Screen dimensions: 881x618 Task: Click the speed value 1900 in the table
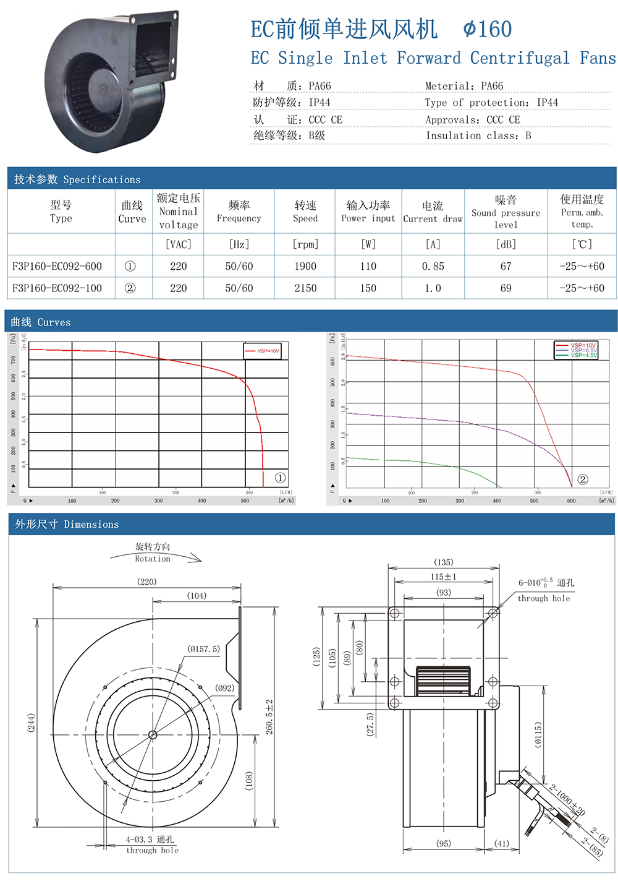(x=305, y=266)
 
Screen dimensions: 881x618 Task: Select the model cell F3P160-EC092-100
(x=57, y=288)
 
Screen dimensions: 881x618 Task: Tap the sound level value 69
(x=506, y=288)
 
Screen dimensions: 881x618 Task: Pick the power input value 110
(x=368, y=266)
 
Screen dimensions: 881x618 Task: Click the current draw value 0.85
(x=433, y=266)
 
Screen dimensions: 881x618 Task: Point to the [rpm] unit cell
(x=305, y=244)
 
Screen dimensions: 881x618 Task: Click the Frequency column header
(x=239, y=211)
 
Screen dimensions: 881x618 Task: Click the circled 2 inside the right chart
(x=582, y=479)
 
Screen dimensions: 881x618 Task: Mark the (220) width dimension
(x=147, y=582)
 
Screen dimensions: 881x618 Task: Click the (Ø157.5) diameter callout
(x=204, y=649)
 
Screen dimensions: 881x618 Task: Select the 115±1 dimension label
(x=443, y=577)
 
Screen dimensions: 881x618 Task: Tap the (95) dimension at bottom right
(x=443, y=843)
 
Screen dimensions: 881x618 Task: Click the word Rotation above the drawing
(x=153, y=559)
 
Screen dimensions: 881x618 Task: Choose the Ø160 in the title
(x=488, y=29)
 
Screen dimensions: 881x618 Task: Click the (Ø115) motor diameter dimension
(x=538, y=734)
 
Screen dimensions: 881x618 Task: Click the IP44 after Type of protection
(x=547, y=103)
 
